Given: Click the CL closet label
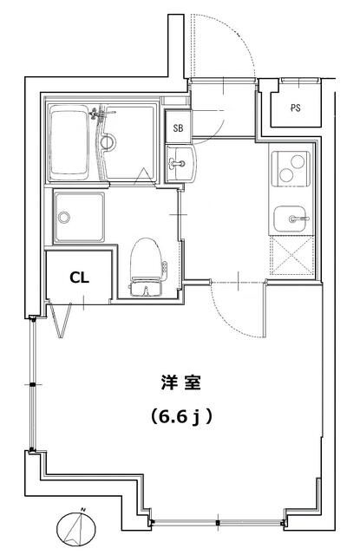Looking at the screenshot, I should pyautogui.click(x=78, y=278).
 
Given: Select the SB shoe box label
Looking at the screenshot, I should pyautogui.click(x=179, y=127).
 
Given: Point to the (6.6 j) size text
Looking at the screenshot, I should pyautogui.click(x=180, y=417).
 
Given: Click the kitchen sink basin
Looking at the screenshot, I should pyautogui.click(x=289, y=219).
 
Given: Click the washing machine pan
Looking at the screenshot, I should pyautogui.click(x=79, y=216).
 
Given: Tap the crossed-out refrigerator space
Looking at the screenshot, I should pyautogui.click(x=291, y=255).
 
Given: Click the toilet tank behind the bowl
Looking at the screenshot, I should pyautogui.click(x=146, y=286).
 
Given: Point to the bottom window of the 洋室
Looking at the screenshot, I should pyautogui.click(x=217, y=523).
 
